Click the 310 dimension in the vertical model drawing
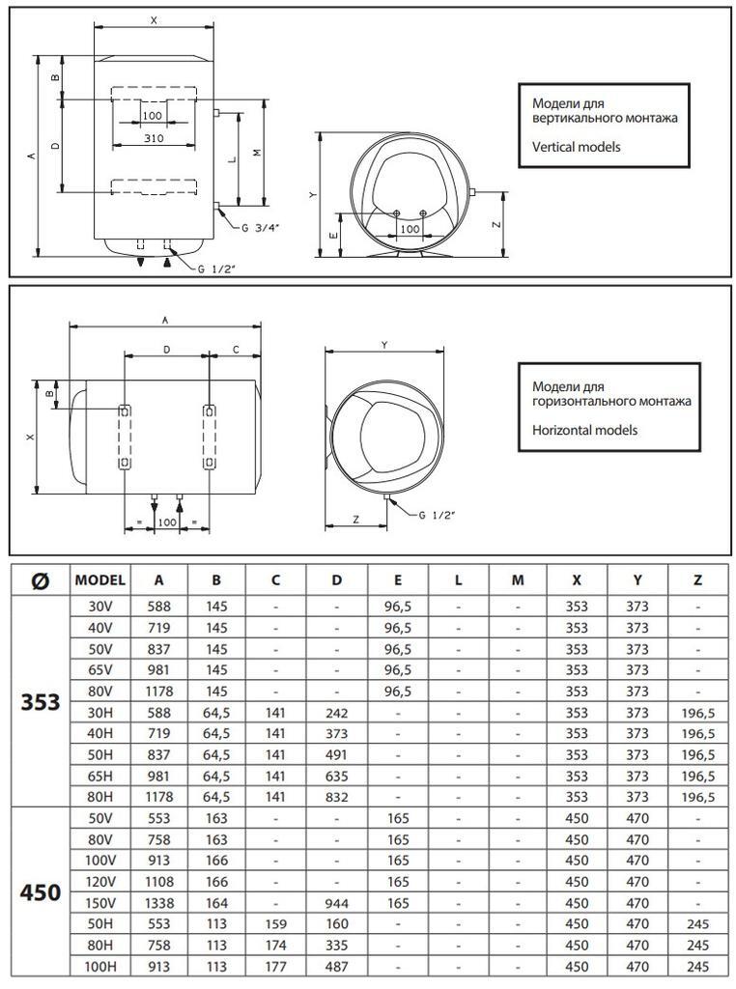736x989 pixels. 154,138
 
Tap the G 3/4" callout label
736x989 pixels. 261,228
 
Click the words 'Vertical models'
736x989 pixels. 577,147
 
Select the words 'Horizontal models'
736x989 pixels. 585,430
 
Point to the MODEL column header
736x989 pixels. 99,580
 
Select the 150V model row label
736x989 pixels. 99,903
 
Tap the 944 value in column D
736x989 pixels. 337,903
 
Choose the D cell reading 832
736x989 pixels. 337,797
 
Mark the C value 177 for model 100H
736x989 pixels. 276,967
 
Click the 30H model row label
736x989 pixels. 99,713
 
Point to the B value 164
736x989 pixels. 217,903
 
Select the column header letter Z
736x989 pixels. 697,580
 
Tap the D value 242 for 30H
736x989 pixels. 337,713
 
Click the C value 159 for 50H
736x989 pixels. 276,924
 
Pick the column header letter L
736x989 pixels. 458,580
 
